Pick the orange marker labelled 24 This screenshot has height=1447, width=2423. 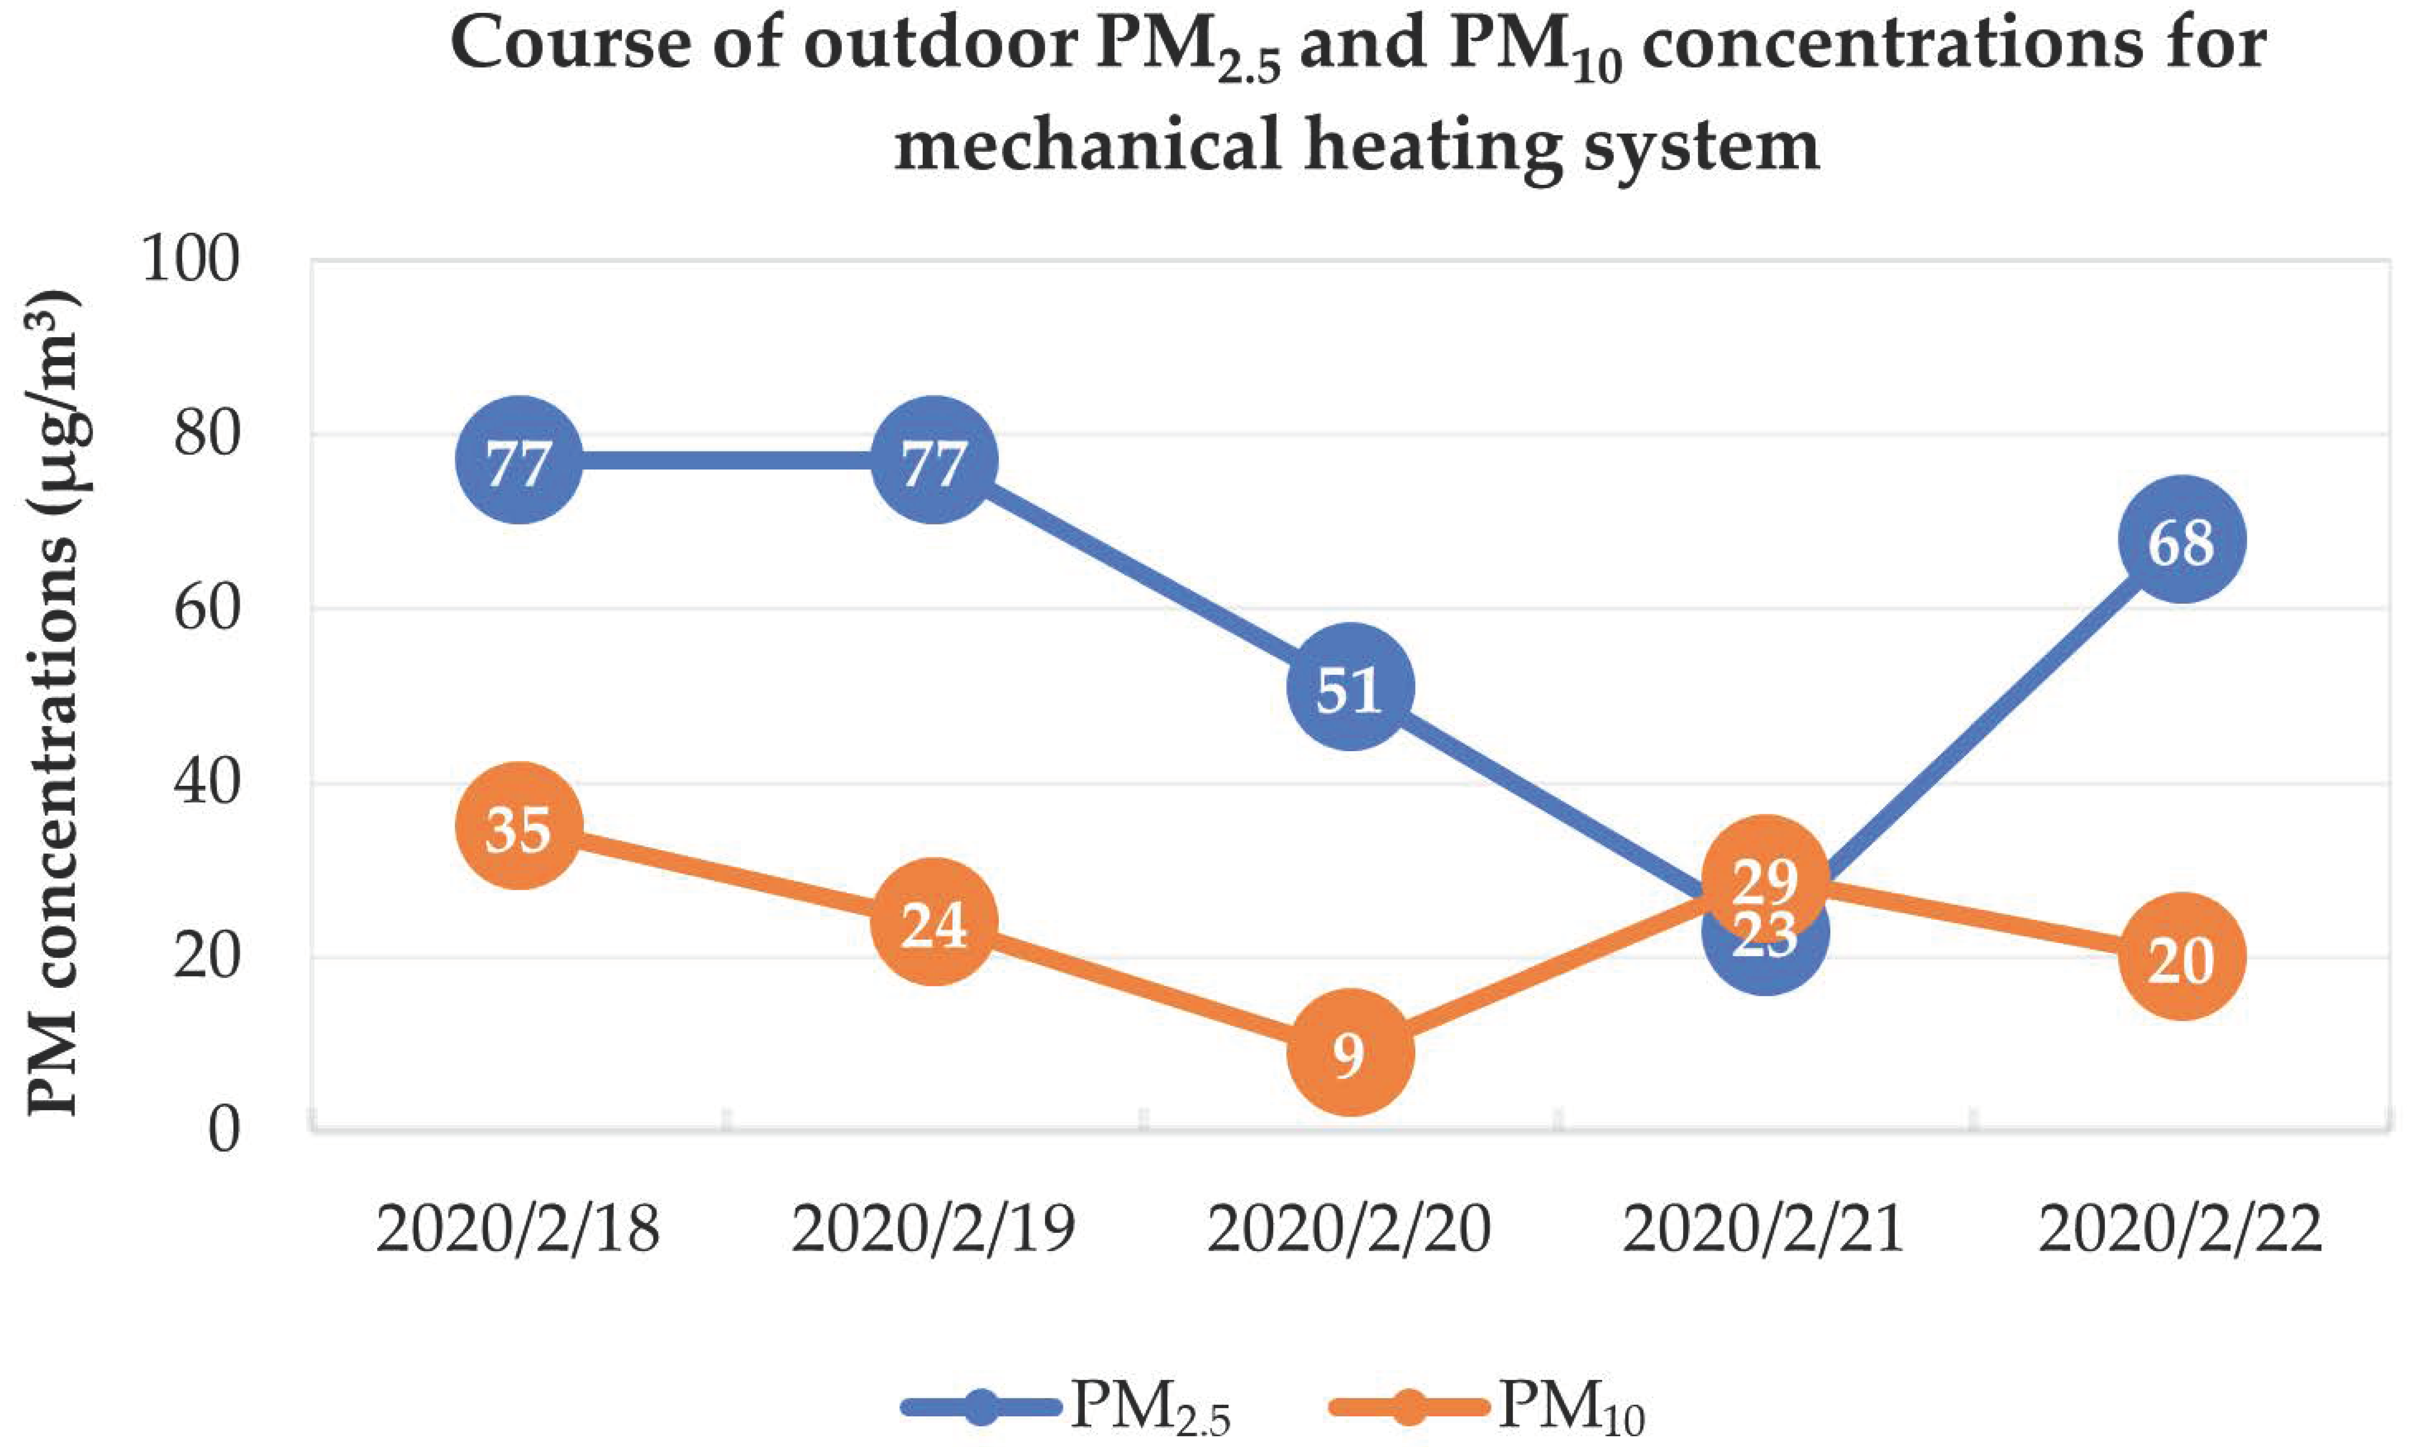click(933, 922)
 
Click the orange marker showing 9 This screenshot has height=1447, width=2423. click(1349, 1053)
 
